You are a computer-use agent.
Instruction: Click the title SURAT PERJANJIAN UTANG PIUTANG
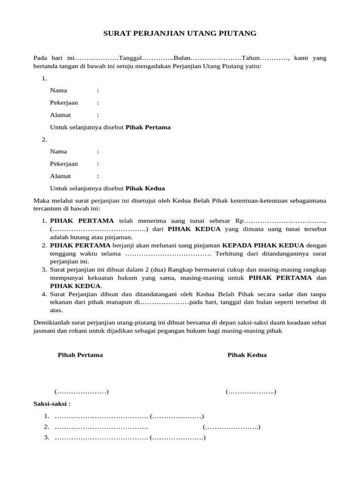(180, 33)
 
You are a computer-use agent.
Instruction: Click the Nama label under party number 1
(58, 90)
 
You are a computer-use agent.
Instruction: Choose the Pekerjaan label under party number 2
(64, 164)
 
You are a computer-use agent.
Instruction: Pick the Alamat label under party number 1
(60, 115)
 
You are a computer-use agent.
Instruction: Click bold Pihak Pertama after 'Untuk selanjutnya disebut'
(148, 127)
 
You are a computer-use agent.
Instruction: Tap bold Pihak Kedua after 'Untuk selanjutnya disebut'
(145, 188)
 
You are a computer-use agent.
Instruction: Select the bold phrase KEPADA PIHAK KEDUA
(263, 245)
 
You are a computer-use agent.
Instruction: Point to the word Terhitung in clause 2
(228, 254)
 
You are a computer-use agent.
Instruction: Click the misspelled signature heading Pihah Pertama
(80, 355)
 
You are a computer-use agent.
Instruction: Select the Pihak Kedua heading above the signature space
(247, 355)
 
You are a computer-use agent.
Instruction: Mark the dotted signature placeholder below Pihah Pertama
(82, 391)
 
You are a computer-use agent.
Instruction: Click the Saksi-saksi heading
(52, 403)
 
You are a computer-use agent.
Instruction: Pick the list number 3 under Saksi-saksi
(46, 437)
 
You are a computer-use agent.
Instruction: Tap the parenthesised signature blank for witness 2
(232, 427)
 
